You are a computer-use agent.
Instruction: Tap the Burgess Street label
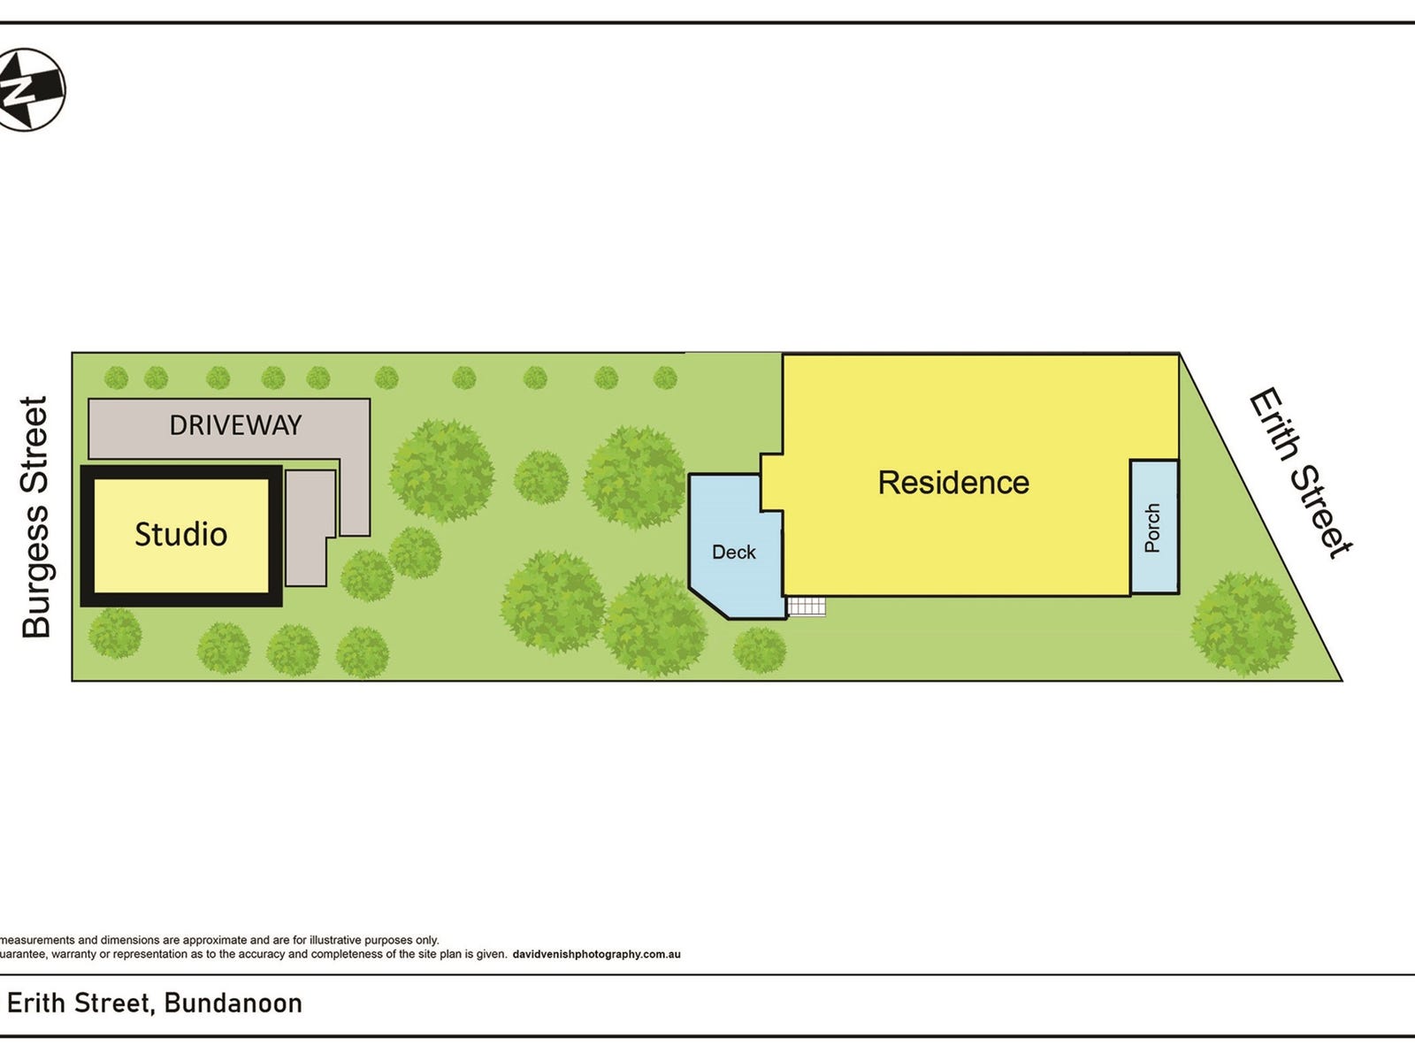point(35,517)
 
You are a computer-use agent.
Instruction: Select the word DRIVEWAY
point(235,425)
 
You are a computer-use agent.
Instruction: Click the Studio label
point(180,534)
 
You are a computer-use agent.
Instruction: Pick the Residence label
point(953,483)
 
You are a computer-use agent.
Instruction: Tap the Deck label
point(734,552)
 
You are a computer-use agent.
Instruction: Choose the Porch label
point(1152,528)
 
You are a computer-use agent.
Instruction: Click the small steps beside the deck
point(807,607)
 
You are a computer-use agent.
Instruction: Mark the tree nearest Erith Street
point(1243,623)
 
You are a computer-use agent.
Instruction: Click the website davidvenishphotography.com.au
point(596,954)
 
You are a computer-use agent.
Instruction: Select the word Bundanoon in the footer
point(233,1003)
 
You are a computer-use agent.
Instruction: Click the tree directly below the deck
point(760,650)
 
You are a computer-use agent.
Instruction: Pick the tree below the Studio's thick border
point(115,633)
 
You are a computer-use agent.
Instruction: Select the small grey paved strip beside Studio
point(308,528)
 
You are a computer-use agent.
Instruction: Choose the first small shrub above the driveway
point(116,378)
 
